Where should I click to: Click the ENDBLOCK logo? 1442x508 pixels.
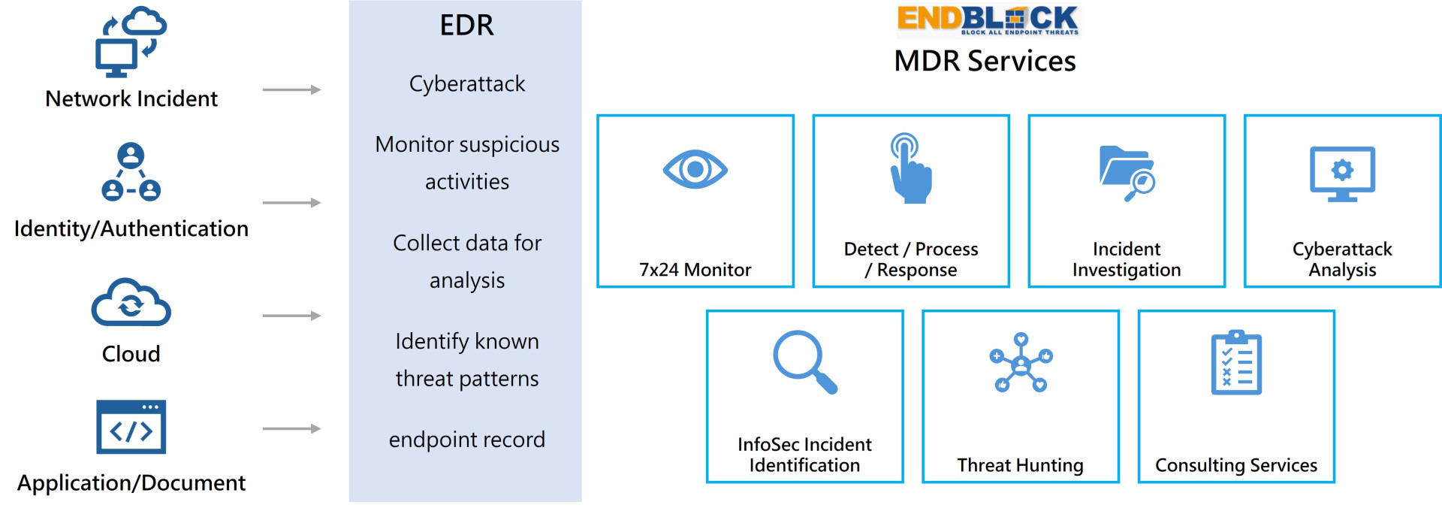pyautogui.click(x=988, y=20)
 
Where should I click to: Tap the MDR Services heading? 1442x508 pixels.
pyautogui.click(x=985, y=61)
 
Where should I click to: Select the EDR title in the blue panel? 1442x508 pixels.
pyautogui.click(x=466, y=26)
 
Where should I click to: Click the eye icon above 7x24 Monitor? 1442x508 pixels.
pyautogui.click(x=695, y=169)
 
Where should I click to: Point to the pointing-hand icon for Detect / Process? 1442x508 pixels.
pyautogui.click(x=910, y=168)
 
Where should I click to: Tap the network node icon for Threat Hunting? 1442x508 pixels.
pyautogui.click(x=1021, y=362)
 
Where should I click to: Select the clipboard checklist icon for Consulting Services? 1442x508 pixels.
pyautogui.click(x=1236, y=362)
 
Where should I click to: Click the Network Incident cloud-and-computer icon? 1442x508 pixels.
pyautogui.click(x=131, y=42)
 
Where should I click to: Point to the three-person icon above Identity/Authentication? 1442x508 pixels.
pyautogui.click(x=131, y=172)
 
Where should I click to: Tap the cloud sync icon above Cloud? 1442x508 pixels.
pyautogui.click(x=131, y=302)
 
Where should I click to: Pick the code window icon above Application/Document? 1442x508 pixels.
pyautogui.click(x=131, y=427)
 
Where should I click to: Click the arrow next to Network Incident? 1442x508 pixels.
pyautogui.click(x=291, y=90)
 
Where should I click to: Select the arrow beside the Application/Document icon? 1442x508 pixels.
pyautogui.click(x=291, y=429)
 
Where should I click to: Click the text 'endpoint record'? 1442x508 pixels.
pyautogui.click(x=466, y=440)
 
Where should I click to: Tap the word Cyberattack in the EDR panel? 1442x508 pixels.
pyautogui.click(x=466, y=83)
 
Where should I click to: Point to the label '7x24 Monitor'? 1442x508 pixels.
pyautogui.click(x=695, y=270)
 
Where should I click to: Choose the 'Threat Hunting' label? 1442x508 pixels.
pyautogui.click(x=1020, y=466)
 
